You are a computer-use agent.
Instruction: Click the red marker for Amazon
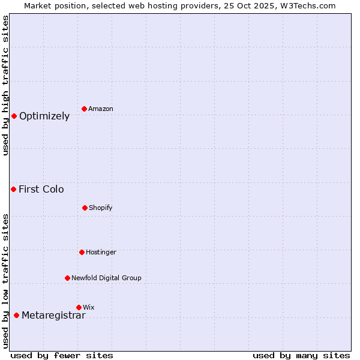(85, 109)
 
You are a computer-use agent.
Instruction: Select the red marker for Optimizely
(14, 116)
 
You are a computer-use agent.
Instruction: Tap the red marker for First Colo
(13, 189)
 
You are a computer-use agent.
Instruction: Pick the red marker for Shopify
(85, 208)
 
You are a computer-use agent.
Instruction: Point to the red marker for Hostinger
(82, 252)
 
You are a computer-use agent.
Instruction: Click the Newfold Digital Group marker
(67, 278)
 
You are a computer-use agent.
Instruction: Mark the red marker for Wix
(79, 307)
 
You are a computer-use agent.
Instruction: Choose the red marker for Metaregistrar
(16, 315)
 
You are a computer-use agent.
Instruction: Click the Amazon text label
(101, 109)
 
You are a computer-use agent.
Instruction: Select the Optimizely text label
(44, 116)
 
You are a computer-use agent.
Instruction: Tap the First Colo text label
(41, 189)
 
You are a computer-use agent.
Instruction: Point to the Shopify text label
(101, 208)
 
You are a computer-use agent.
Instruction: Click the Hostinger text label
(101, 252)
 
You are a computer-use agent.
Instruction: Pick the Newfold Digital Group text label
(106, 278)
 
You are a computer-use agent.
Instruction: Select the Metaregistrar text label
(53, 315)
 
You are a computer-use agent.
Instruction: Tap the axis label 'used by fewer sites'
(62, 355)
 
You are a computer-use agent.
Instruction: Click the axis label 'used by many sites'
(301, 355)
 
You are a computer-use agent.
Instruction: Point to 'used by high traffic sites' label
(5, 85)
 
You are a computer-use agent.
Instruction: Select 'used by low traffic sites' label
(5, 281)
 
